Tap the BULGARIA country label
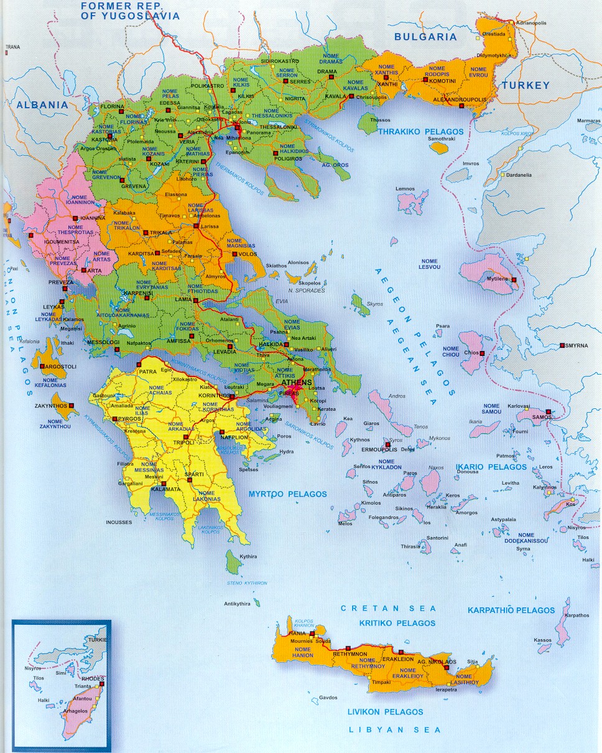point(425,37)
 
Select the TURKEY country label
point(526,85)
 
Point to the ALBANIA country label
point(42,105)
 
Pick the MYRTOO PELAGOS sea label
point(287,494)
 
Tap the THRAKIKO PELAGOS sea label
point(422,132)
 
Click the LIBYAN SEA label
point(394,730)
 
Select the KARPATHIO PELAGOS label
point(511,610)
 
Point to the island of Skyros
point(358,305)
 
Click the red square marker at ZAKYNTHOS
point(72,406)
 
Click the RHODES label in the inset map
point(94,678)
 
